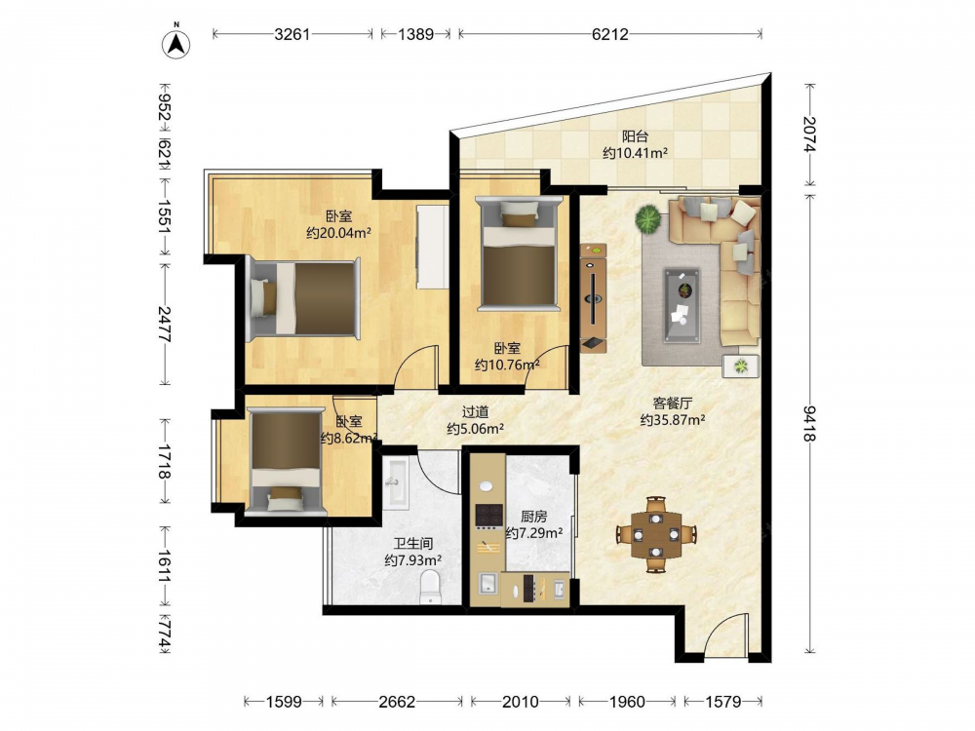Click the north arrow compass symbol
[x=175, y=43]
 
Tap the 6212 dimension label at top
[x=609, y=34]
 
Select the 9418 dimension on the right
[x=809, y=423]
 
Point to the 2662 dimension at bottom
[x=397, y=702]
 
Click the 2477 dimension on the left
[x=164, y=324]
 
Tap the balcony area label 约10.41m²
[x=635, y=152]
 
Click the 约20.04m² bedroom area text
[x=339, y=233]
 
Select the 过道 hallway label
[x=475, y=411]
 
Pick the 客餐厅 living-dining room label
[x=672, y=404]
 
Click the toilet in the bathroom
[x=430, y=588]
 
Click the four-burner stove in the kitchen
[x=488, y=516]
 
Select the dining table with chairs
[x=656, y=534]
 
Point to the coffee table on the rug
[x=682, y=305]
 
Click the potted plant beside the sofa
[x=648, y=218]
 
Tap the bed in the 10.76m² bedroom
[x=519, y=251]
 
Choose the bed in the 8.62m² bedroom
[x=286, y=461]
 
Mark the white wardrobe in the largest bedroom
[x=432, y=247]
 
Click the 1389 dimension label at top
[x=415, y=34]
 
